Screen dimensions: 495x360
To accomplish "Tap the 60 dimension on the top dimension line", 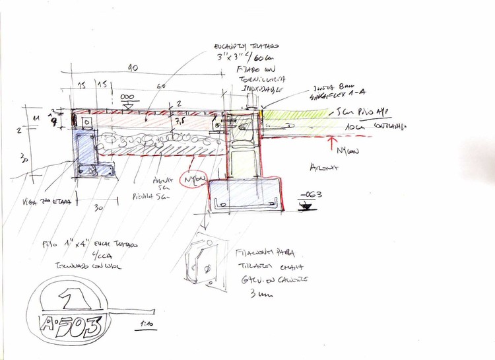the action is click(x=161, y=87).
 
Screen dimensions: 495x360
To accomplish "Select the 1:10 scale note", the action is click(x=146, y=324).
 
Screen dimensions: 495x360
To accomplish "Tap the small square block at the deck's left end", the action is click(x=86, y=124).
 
